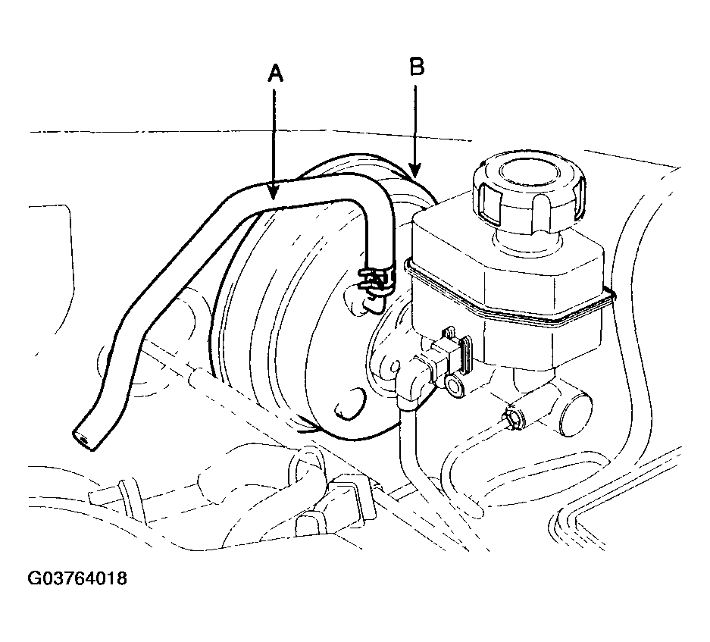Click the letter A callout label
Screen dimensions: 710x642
click(275, 73)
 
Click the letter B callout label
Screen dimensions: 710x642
click(417, 66)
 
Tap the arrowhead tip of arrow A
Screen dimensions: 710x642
click(273, 199)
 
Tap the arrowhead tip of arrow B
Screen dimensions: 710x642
click(415, 177)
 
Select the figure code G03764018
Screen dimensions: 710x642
click(77, 578)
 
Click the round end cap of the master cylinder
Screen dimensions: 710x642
click(575, 414)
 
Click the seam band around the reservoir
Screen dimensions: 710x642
click(507, 299)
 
